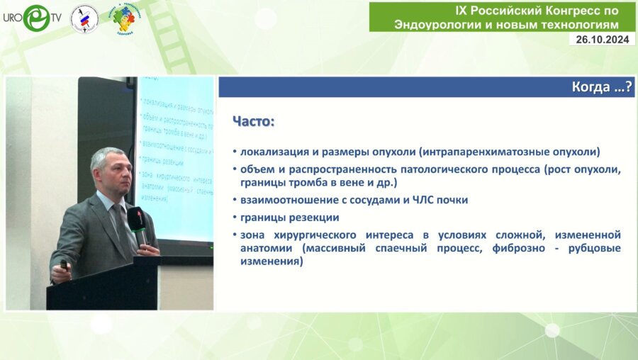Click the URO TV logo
click(x=31, y=17)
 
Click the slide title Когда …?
click(x=602, y=88)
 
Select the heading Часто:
click(x=253, y=121)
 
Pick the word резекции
click(x=315, y=217)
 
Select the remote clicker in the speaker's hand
click(x=64, y=264)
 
